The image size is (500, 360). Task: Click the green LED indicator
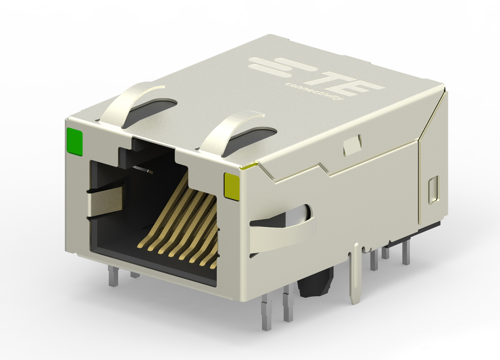[x=75, y=142]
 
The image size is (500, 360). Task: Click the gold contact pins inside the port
[x=179, y=227]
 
